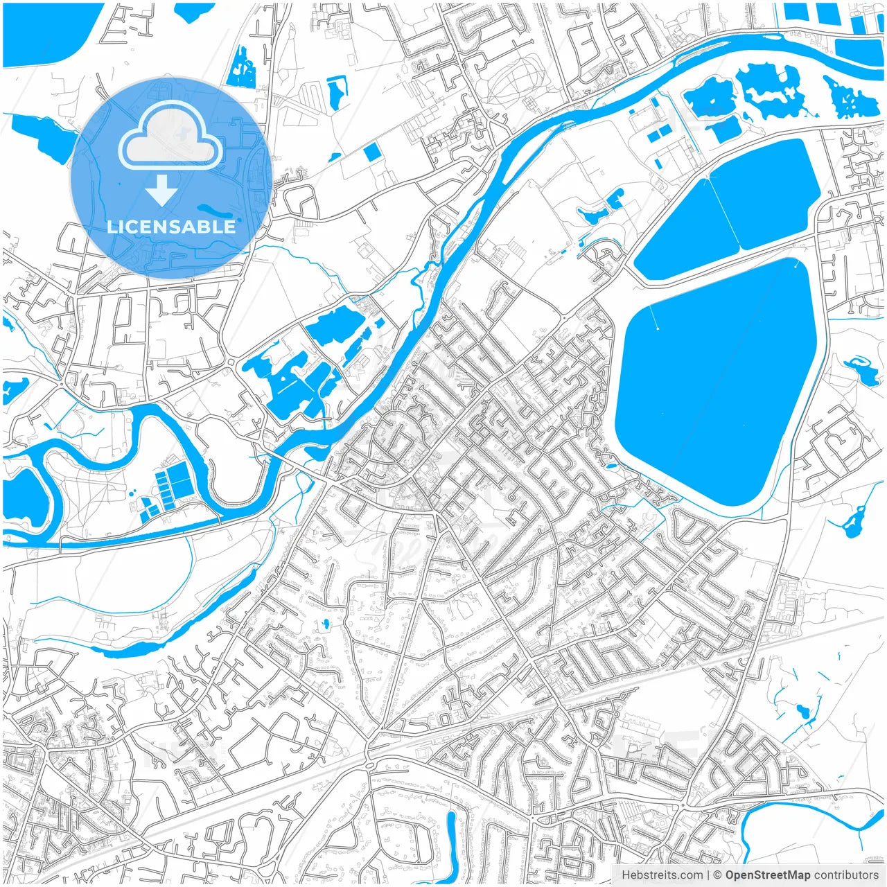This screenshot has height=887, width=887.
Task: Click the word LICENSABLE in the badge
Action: (170, 227)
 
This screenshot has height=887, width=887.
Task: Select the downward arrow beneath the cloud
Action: (161, 190)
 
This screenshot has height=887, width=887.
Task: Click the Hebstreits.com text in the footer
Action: (661, 875)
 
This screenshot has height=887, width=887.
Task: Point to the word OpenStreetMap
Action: (767, 875)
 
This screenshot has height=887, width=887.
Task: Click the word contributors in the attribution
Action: (846, 875)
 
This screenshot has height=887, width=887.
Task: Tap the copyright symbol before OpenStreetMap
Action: (718, 875)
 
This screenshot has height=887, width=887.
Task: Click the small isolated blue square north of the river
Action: (372, 152)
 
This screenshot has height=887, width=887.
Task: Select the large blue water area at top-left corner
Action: (42, 35)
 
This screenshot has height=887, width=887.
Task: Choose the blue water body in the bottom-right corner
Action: (811, 832)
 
